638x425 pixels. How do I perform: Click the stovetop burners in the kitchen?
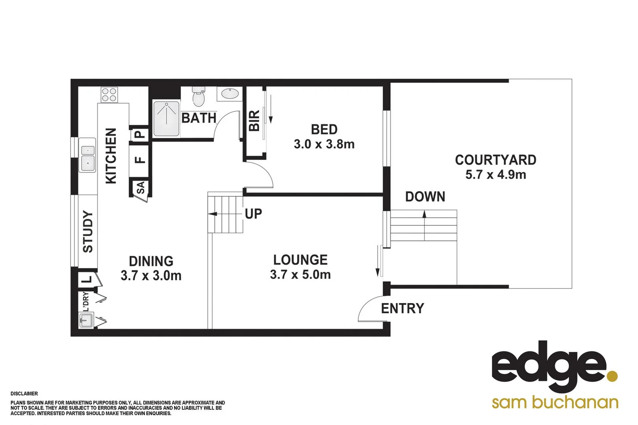109,94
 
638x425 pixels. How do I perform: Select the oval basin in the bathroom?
230,94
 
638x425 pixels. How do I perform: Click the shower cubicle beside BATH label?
167,118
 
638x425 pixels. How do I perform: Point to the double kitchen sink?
87,155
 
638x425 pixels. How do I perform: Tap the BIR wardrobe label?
254,120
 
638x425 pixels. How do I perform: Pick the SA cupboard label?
141,187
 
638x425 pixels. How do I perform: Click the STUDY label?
88,231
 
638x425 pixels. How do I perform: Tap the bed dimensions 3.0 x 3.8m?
324,144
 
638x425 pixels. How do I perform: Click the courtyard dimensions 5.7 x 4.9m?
495,174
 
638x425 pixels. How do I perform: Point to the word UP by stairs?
253,214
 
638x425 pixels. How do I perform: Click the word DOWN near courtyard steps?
425,197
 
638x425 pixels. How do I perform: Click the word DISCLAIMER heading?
24,394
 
